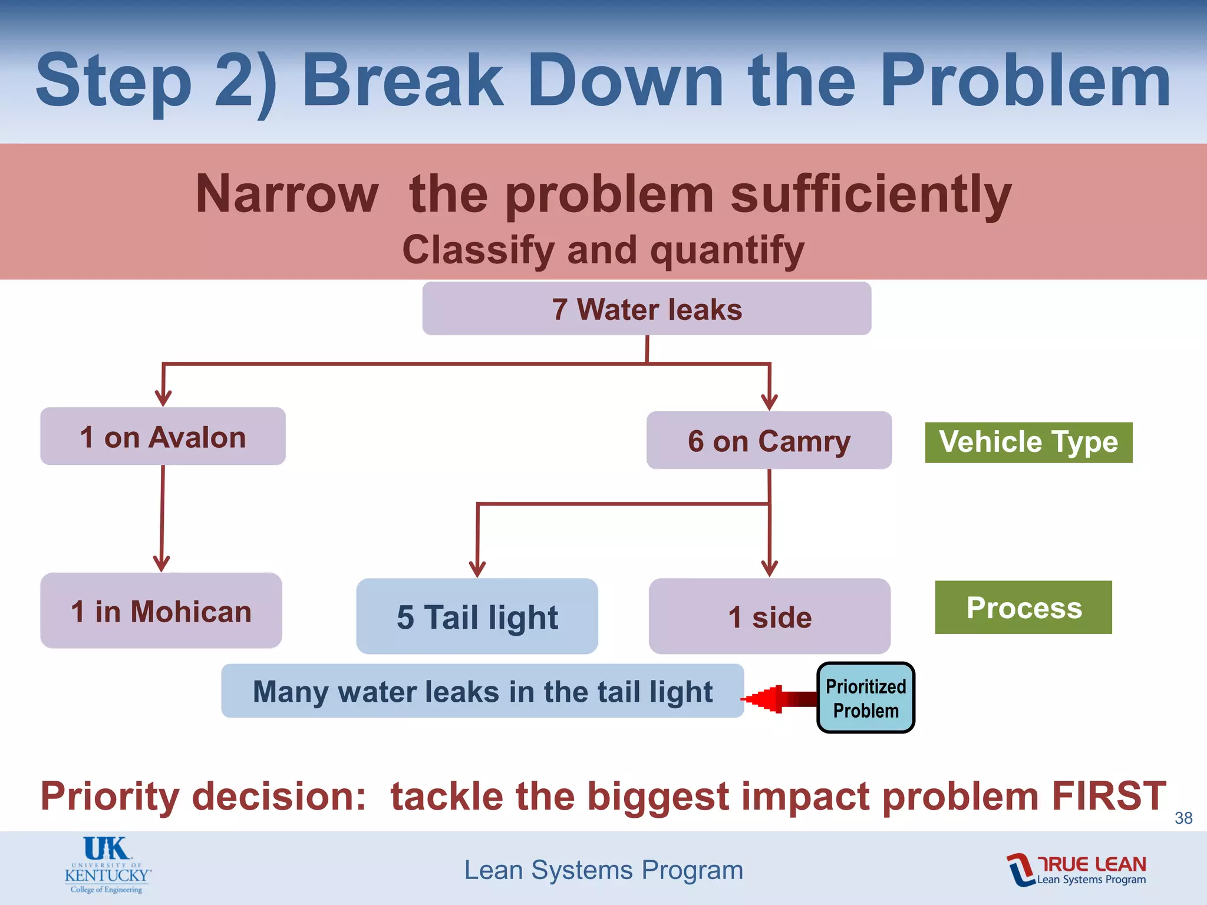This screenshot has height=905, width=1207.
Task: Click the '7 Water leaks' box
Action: pos(647,309)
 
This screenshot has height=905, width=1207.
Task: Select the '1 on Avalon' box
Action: pos(163,437)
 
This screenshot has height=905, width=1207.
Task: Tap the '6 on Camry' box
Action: pos(769,441)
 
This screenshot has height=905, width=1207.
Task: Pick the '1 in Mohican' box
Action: pos(161,611)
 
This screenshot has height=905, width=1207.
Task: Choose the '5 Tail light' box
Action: pos(477,616)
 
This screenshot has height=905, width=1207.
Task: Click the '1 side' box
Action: pos(769,616)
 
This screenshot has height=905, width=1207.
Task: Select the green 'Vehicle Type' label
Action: pos(1028,442)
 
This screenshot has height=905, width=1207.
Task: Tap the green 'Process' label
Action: pos(1023,607)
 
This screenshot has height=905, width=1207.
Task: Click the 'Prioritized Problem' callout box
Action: pos(865,698)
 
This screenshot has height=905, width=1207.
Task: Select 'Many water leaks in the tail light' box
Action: pos(482,691)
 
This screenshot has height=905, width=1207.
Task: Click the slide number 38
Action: pos(1183,818)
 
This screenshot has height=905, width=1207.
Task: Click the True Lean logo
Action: pos(1076,870)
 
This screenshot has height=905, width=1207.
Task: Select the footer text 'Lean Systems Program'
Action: pos(603,870)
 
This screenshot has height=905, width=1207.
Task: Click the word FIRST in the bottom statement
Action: pos(1109,796)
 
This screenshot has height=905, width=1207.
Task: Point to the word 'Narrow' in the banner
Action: pos(287,194)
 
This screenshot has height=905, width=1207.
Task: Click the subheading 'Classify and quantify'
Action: pos(603,250)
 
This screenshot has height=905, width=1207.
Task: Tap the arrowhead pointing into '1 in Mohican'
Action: pos(161,563)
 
